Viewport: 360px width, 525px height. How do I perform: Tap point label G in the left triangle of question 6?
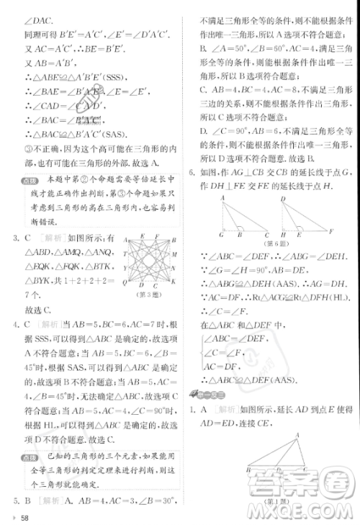[x=221, y=235]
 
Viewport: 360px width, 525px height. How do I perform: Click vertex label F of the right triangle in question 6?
[x=331, y=232]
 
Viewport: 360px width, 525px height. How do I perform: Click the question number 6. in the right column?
[x=191, y=173]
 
